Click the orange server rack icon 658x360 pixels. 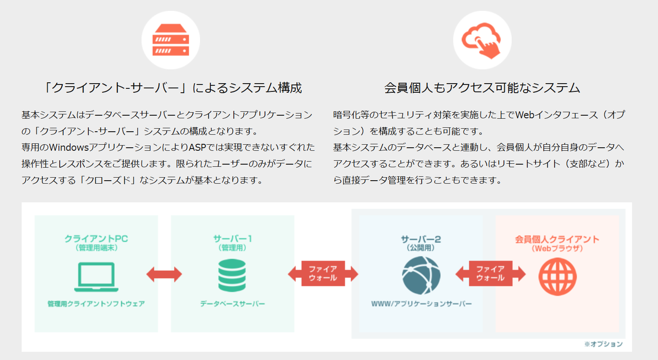171,40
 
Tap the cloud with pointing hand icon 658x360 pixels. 482,40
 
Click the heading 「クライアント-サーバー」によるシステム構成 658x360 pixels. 172,88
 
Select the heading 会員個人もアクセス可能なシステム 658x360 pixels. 482,88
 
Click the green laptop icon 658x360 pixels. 97,277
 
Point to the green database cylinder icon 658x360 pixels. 232,276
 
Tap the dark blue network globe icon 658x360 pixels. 421,276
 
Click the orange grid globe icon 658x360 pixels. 558,276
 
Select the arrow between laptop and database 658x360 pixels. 164,275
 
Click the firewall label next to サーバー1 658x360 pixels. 323,273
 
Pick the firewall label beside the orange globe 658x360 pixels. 490,273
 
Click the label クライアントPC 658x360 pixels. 97,238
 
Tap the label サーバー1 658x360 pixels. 232,238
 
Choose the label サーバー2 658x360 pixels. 421,239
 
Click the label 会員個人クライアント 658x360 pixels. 557,239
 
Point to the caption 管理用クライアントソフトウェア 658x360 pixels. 97,304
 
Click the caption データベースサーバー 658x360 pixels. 232,304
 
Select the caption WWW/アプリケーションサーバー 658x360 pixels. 421,304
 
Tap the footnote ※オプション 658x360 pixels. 603,344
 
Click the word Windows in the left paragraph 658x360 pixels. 69,147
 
